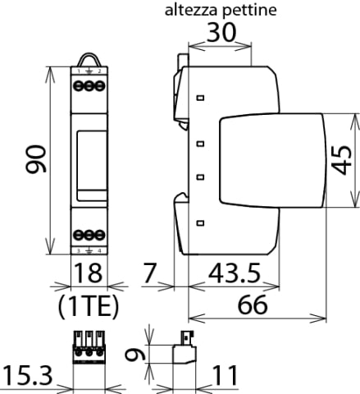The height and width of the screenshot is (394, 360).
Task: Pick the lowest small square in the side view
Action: (x=199, y=208)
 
